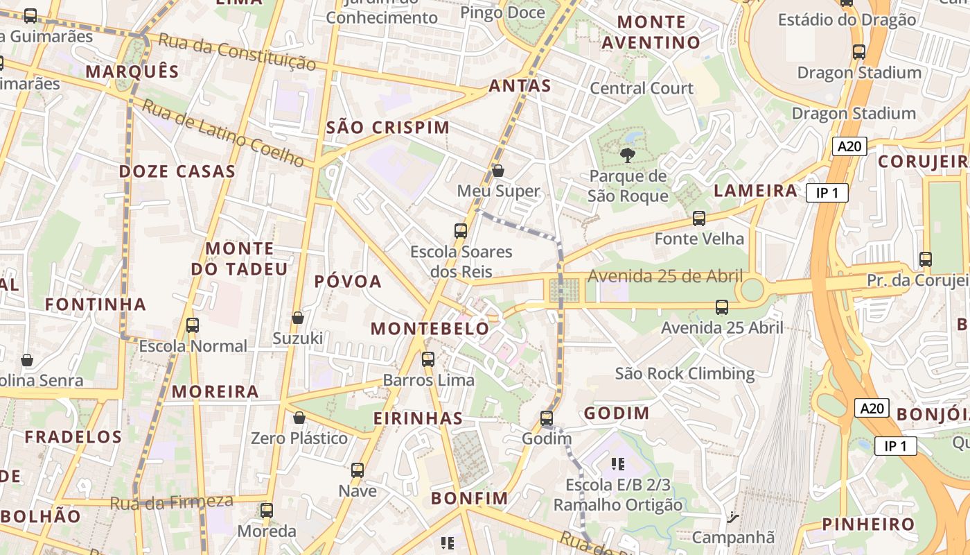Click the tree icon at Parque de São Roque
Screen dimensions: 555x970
(x=628, y=155)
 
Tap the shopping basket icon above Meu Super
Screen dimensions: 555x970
(x=497, y=170)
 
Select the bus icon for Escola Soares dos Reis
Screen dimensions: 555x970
(x=461, y=231)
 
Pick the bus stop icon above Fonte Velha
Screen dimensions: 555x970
(x=699, y=219)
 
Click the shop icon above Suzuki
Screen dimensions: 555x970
(x=298, y=318)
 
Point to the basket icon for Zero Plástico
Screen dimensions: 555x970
(x=299, y=418)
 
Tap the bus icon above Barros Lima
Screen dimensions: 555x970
(x=428, y=359)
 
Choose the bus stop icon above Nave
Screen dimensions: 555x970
(x=358, y=470)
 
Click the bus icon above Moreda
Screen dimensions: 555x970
(x=267, y=511)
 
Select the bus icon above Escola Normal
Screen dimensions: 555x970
(x=193, y=325)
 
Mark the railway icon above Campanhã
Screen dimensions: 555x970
(x=732, y=517)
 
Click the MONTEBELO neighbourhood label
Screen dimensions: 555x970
(x=430, y=329)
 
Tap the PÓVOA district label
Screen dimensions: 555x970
(x=348, y=281)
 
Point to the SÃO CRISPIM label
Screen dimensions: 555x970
(x=388, y=128)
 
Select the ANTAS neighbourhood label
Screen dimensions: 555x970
(x=520, y=86)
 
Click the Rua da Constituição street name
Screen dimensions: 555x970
(x=237, y=51)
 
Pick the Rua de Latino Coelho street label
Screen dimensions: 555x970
(x=223, y=133)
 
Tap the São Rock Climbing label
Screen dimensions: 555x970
(x=685, y=373)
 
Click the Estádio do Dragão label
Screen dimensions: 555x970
(x=847, y=19)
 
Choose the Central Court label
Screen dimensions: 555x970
(x=641, y=88)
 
